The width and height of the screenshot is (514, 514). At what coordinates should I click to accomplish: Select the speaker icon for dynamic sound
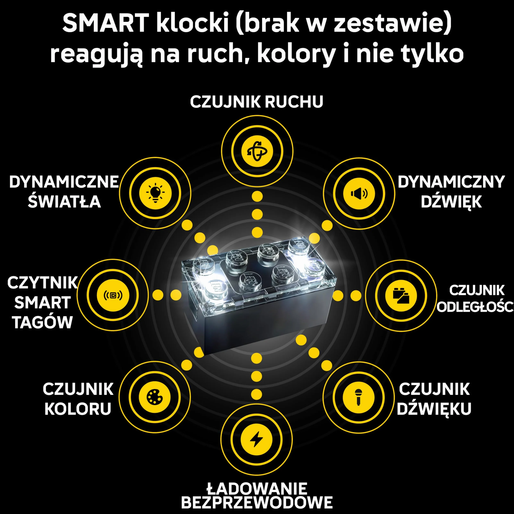coord(359,193)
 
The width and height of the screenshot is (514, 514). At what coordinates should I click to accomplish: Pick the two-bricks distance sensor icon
coord(401,295)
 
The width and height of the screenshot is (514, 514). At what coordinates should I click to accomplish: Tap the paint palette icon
coord(155,397)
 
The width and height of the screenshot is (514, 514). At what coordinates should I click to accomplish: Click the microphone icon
coord(358,397)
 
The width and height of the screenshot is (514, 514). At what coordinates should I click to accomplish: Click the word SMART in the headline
coord(106,23)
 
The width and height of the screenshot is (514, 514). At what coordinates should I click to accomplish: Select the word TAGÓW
coord(43,323)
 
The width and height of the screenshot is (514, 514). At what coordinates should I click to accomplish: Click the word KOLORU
coord(78,409)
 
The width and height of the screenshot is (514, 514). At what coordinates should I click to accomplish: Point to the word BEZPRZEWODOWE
coord(257,503)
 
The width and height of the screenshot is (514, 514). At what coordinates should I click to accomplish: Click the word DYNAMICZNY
coord(451,182)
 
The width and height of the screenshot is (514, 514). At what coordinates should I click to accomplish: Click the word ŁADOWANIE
coord(257,488)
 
